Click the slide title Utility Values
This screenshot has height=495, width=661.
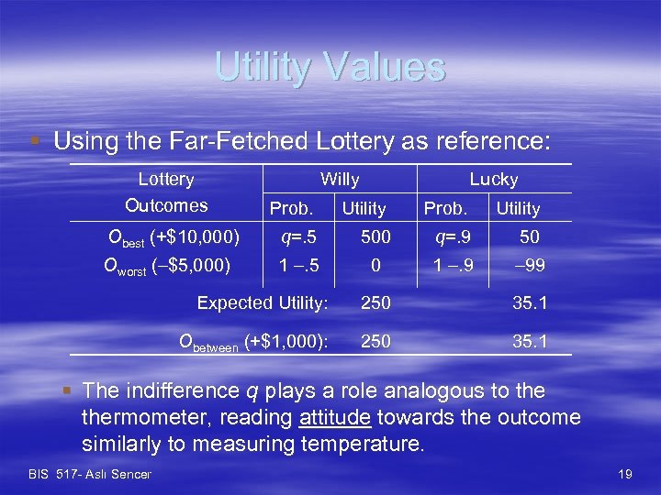tap(330, 67)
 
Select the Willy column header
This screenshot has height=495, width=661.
tap(340, 180)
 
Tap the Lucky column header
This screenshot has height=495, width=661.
tap(494, 180)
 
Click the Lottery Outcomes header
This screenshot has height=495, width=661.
tap(166, 192)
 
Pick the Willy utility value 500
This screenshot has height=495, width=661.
tap(375, 237)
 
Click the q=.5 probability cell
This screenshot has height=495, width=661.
tap(297, 237)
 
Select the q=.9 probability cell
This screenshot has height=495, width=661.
tap(452, 237)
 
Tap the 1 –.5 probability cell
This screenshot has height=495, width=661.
tap(297, 266)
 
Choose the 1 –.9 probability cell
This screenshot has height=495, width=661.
tap(452, 266)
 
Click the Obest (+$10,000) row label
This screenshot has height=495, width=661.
tap(174, 238)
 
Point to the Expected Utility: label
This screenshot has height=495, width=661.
tap(263, 302)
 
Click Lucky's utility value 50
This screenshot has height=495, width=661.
tap(530, 237)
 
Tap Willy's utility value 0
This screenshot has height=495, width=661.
tap(375, 266)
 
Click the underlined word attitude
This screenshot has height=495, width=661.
tap(334, 418)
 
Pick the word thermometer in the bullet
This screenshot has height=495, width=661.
tap(185, 418)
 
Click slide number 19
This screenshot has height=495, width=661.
tap(625, 474)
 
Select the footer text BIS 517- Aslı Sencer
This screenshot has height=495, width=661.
tap(90, 474)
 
